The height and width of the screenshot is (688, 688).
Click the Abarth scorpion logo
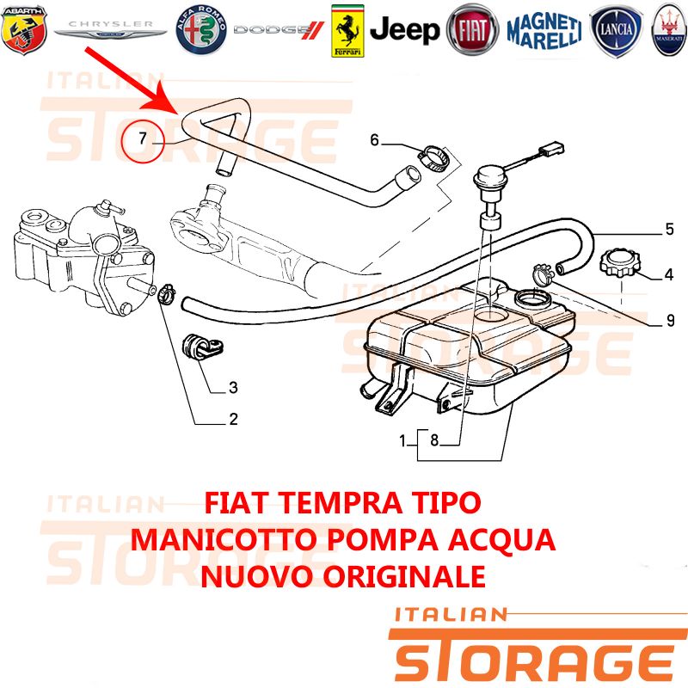click(x=24, y=30)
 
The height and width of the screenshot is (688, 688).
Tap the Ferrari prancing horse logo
click(x=347, y=31)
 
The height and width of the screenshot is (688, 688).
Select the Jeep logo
click(x=404, y=30)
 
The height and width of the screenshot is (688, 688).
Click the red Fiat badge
click(x=472, y=30)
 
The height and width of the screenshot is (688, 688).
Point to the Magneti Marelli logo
click(x=544, y=30)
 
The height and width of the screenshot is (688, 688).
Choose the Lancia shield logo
click(x=616, y=30)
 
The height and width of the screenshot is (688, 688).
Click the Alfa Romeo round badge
click(x=201, y=30)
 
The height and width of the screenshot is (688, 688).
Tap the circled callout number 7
click(x=142, y=138)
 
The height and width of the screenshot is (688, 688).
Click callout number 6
click(x=374, y=140)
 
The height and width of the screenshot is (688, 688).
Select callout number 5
click(x=670, y=229)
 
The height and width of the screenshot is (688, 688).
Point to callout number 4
click(x=669, y=274)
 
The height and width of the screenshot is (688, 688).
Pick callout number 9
click(x=671, y=321)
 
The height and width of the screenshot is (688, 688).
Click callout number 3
click(x=233, y=388)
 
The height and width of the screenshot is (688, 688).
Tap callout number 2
click(x=233, y=419)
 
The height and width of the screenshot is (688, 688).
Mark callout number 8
click(x=434, y=439)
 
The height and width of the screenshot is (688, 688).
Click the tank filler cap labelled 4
click(x=619, y=262)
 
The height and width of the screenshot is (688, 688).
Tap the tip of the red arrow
click(x=179, y=114)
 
